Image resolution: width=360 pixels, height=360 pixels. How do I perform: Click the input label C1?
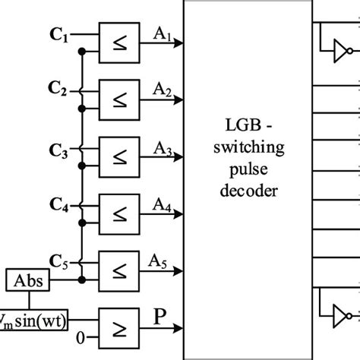pyautogui.click(x=58, y=36)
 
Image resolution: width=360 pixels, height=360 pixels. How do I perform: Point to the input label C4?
pyautogui.click(x=58, y=204)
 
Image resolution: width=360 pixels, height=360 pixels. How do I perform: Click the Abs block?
pyautogui.click(x=28, y=282)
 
